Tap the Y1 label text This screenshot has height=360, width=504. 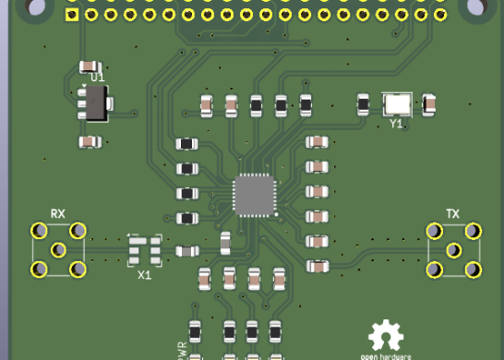tap(396, 124)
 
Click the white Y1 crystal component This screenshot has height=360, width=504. tap(397, 104)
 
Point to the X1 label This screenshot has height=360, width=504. tap(144, 275)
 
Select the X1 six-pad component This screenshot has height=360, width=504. tap(145, 251)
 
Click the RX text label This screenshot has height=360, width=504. tap(58, 213)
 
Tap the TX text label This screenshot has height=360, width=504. tap(452, 213)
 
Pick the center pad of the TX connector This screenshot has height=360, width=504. tap(453, 249)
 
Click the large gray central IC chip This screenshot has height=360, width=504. tap(255, 195)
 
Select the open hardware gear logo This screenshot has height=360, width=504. tap(386, 336)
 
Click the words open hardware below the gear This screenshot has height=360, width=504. tap(386, 355)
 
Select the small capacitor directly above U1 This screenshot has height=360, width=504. tap(89, 66)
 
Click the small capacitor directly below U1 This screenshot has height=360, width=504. tap(89, 141)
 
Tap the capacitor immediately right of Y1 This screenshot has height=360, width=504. tap(427, 104)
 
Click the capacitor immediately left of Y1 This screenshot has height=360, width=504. tap(365, 105)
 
